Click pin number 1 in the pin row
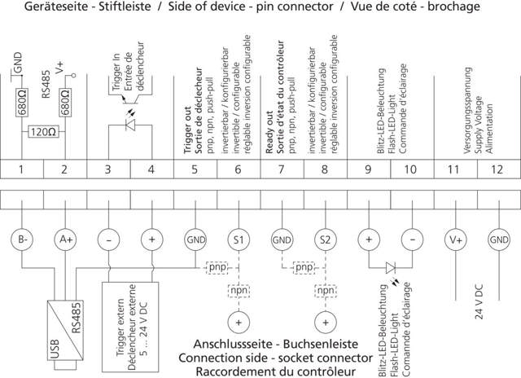click(x=23, y=169)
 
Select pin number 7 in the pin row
click(x=282, y=169)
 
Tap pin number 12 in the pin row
click(x=498, y=169)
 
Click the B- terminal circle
click(x=23, y=240)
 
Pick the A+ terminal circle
click(x=66, y=240)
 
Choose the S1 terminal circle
click(x=239, y=240)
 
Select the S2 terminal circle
click(x=325, y=240)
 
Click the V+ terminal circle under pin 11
click(x=455, y=240)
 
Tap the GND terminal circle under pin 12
click(x=498, y=240)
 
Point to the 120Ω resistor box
click(x=43, y=131)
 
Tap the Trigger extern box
click(x=130, y=326)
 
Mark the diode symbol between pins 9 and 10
click(x=392, y=266)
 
